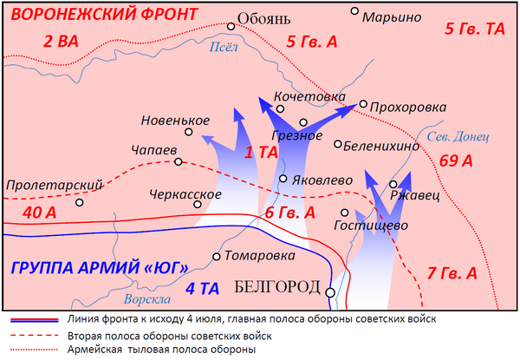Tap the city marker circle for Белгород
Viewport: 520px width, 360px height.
[x=329, y=291]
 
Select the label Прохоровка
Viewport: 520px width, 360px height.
[x=408, y=107]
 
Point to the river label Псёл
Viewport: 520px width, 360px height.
[x=223, y=49]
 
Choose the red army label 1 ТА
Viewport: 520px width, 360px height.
[x=262, y=153]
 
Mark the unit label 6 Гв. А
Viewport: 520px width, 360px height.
[x=289, y=213]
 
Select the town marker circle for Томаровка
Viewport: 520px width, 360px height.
[x=217, y=257]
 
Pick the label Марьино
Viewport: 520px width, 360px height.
[x=393, y=16]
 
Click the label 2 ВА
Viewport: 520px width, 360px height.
[x=61, y=40]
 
